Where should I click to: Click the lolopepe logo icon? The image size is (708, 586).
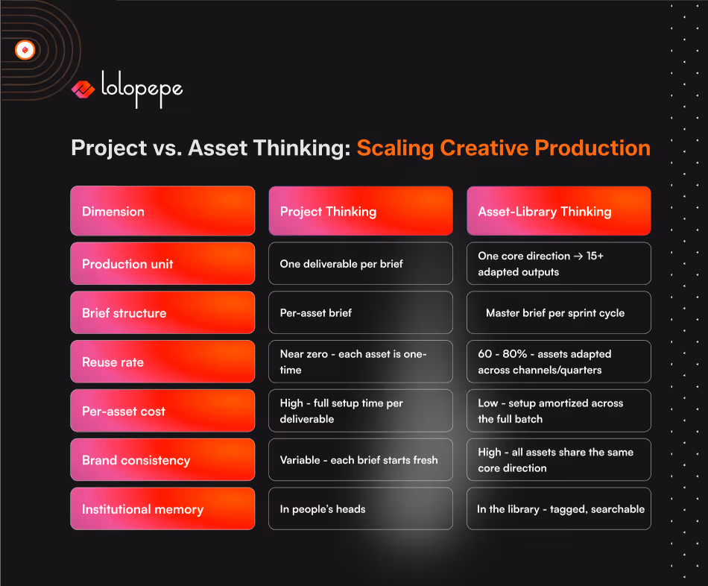click(x=83, y=90)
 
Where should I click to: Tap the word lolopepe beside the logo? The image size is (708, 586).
click(x=142, y=89)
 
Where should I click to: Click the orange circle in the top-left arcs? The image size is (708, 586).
click(x=25, y=50)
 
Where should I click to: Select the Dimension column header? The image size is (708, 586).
click(x=162, y=211)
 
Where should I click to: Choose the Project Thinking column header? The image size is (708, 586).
click(x=360, y=211)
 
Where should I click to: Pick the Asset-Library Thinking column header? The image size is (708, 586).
click(x=558, y=211)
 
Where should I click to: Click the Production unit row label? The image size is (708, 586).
click(x=162, y=263)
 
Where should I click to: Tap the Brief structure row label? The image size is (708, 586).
click(x=162, y=312)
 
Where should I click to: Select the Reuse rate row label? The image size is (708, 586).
click(x=162, y=362)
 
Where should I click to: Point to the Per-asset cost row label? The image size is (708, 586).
click(x=162, y=411)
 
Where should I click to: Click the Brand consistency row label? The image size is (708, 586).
click(x=162, y=460)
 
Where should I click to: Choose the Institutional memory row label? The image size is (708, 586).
click(x=162, y=509)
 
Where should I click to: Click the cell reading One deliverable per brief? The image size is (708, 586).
click(x=360, y=263)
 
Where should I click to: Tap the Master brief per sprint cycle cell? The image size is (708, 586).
click(x=558, y=312)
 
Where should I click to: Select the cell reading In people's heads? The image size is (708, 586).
click(x=360, y=509)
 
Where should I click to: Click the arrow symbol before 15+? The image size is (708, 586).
click(x=578, y=256)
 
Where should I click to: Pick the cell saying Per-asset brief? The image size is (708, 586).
click(x=360, y=312)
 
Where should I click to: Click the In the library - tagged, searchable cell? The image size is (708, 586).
click(x=558, y=509)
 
